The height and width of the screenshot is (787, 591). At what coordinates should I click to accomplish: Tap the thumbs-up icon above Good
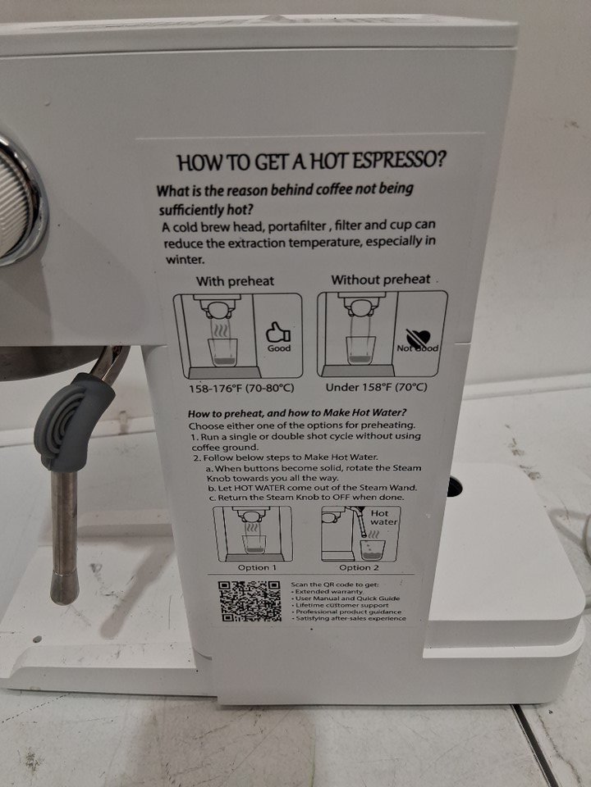point(277,332)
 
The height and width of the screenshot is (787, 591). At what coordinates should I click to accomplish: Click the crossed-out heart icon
point(417,336)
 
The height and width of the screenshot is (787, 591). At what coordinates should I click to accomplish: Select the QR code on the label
point(250,600)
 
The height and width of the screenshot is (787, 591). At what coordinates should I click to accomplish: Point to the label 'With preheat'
point(236,281)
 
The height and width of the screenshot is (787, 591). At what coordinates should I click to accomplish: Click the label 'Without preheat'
point(380,280)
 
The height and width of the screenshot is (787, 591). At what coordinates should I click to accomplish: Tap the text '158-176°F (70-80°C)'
point(241,389)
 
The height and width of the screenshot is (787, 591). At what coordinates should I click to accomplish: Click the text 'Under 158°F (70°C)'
point(377,388)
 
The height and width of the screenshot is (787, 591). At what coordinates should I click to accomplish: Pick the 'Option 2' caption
point(359,567)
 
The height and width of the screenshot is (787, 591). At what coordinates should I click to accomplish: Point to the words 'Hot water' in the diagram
point(383,517)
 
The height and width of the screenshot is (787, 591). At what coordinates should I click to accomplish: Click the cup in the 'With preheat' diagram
point(222,352)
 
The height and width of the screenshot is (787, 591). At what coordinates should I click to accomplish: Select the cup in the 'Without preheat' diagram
point(360,350)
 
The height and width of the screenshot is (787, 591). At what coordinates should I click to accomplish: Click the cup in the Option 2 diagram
point(372,550)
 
